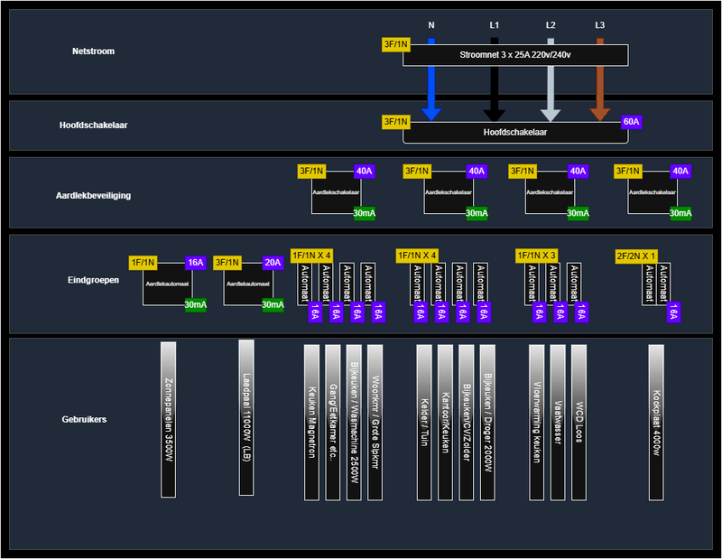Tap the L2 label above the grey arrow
551,25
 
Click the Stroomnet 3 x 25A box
515,55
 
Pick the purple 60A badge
630,121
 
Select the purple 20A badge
273,262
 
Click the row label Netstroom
94,51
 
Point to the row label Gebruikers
84,420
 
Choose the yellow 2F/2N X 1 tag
636,256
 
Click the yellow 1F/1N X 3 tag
537,256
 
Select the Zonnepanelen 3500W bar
168,419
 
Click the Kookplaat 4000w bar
656,421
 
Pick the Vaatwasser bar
558,422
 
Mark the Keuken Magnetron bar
311,422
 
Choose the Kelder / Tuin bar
424,422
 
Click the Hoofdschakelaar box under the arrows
515,132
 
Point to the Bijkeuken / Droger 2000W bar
487,422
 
